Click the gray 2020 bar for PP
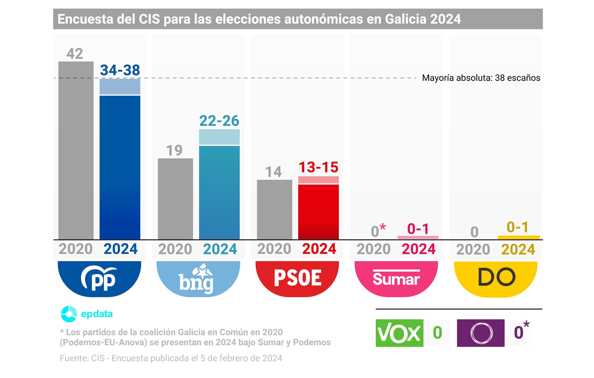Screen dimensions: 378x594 coord(76,150)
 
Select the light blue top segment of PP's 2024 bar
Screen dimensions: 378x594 coord(120,86)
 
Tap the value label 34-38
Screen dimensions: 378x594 coord(120,70)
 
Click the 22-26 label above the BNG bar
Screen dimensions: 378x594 coord(219,121)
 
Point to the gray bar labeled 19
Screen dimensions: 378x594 coord(175,199)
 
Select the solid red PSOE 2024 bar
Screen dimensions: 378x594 coord(318,212)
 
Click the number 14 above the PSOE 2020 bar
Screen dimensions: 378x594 coord(273,172)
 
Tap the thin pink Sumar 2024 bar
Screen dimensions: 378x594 coord(418,237)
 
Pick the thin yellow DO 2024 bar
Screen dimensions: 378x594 coord(519,237)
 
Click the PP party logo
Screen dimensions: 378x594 coord(99,278)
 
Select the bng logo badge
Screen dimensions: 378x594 coord(198,278)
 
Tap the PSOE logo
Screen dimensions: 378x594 coord(297,278)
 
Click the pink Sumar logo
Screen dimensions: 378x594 coord(396,278)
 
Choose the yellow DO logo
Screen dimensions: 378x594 coord(496,278)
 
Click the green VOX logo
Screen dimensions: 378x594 coord(399,333)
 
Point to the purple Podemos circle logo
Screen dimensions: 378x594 coord(481,333)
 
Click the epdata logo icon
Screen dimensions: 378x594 coord(69,314)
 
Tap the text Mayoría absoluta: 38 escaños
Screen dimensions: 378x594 coord(481,78)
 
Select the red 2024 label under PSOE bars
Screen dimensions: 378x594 coord(319,249)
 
